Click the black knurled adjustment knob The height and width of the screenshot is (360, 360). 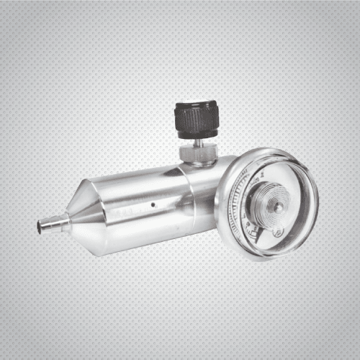[x=197, y=120]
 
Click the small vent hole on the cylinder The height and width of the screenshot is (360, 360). [x=153, y=204]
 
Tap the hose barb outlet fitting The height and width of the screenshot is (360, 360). [x=53, y=225]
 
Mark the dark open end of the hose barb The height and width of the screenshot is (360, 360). [x=40, y=228]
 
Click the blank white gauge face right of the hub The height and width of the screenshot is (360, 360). [x=297, y=209]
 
